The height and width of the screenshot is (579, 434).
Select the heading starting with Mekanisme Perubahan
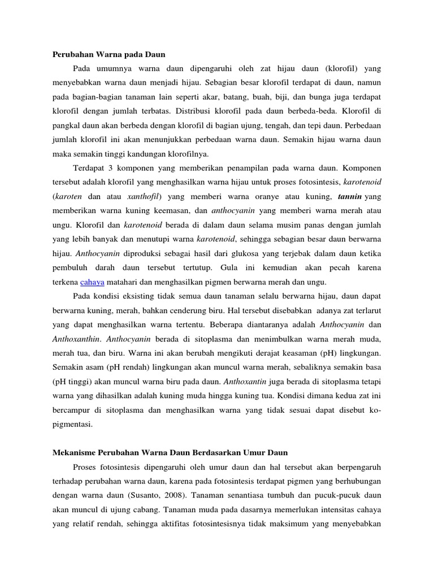[x=170, y=453]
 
